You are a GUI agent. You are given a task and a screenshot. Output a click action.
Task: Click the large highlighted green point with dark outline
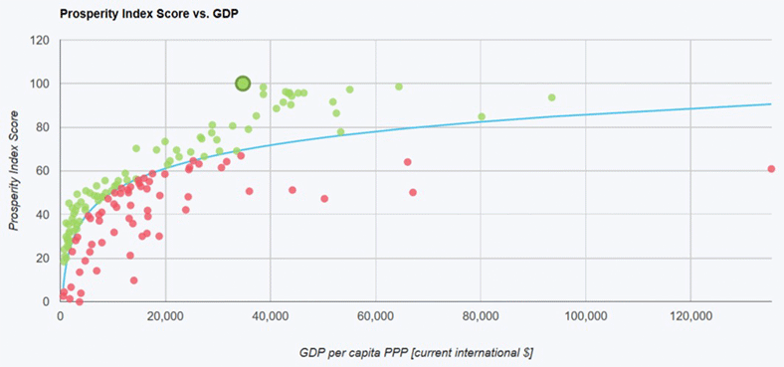[243, 84]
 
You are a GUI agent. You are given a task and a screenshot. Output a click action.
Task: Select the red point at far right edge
[772, 169]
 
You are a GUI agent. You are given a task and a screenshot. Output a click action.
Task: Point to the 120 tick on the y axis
[40, 41]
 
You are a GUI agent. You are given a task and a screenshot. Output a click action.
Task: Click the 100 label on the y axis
[40, 84]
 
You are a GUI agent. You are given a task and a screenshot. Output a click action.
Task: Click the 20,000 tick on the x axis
[165, 317]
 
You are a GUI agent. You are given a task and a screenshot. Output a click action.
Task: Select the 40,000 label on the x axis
[271, 317]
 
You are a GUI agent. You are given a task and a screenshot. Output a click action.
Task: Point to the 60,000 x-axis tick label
[375, 317]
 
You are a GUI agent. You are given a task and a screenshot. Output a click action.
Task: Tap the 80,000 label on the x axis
[481, 317]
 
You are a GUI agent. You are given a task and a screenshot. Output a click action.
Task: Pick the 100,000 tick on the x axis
[585, 317]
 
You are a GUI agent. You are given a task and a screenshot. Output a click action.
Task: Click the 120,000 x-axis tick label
[690, 317]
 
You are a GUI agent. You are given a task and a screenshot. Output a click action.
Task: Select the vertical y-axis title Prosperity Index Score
[14, 171]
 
